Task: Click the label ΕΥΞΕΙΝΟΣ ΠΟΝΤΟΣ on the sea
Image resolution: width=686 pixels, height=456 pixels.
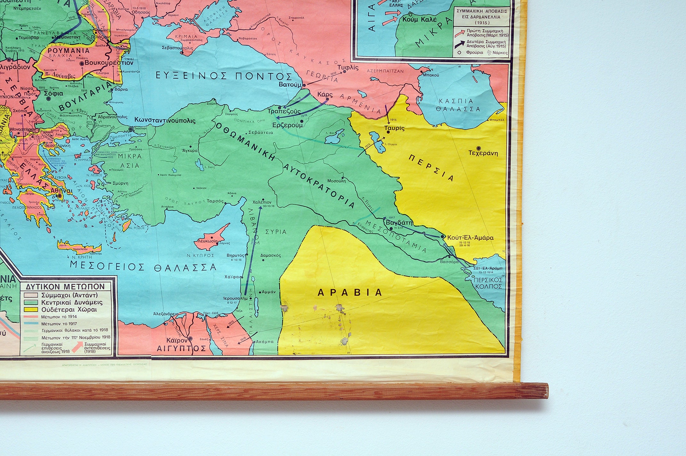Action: pos(223,76)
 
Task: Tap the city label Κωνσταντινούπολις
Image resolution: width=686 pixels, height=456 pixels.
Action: pos(165,121)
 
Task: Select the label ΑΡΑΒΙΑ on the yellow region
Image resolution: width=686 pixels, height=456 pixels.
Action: pos(350,292)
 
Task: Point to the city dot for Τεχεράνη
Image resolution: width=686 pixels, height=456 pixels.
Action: pos(479,148)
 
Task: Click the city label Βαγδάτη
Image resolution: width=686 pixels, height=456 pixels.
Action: pos(399,223)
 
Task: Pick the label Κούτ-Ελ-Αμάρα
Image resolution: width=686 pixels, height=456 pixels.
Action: pos(470,238)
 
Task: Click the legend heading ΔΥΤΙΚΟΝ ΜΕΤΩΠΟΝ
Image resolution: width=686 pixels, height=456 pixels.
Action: pos(66,287)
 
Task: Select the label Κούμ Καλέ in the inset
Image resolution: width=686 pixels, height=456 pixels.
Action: pos(419,20)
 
